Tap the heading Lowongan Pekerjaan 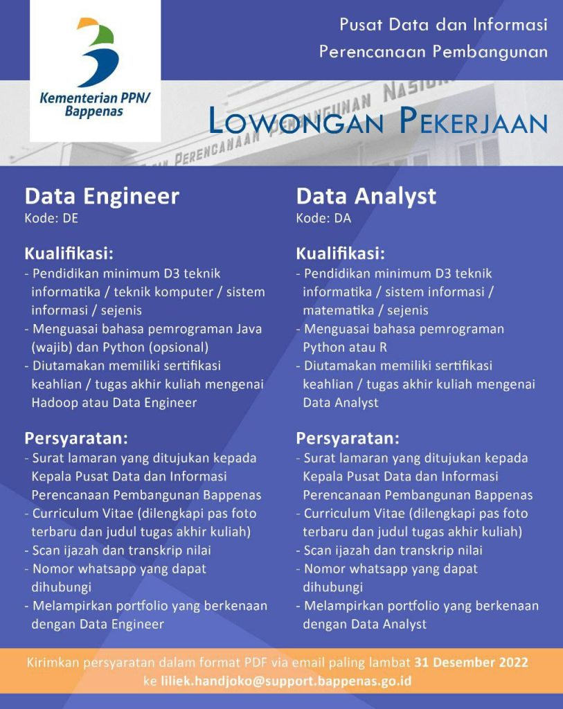coord(378,122)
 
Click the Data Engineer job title coord(102,196)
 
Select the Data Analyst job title coord(366,196)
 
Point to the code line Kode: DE coord(52,219)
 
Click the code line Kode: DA coord(323,219)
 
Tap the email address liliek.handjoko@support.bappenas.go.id coord(286,681)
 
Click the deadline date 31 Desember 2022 coord(471,663)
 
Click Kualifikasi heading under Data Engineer coord(69,253)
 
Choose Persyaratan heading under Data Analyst coord(347,438)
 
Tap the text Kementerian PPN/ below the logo coord(95,97)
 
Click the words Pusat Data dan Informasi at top coord(443,26)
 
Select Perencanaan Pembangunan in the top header coord(434,52)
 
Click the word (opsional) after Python coord(181,347)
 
